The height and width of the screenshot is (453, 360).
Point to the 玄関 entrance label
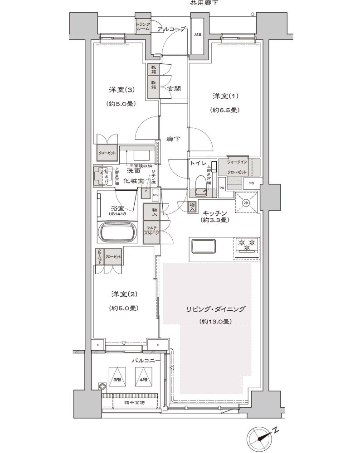click(174, 88)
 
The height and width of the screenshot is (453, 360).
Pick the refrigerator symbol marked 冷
click(246, 202)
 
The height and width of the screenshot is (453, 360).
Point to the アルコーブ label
click(171, 29)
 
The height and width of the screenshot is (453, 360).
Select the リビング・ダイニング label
click(215, 310)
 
